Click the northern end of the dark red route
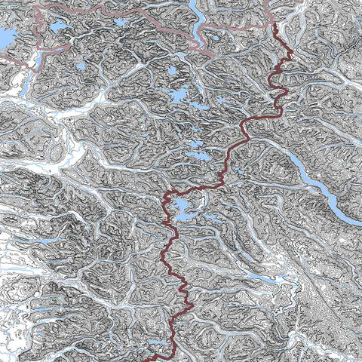tap(275, 26)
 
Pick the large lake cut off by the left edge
tap(6, 38)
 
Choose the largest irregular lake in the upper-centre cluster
tap(178, 95)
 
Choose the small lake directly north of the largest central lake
tap(173, 72)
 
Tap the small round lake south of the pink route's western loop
tap(81, 66)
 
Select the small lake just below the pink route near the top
tap(121, 22)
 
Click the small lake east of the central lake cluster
tap(221, 100)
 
